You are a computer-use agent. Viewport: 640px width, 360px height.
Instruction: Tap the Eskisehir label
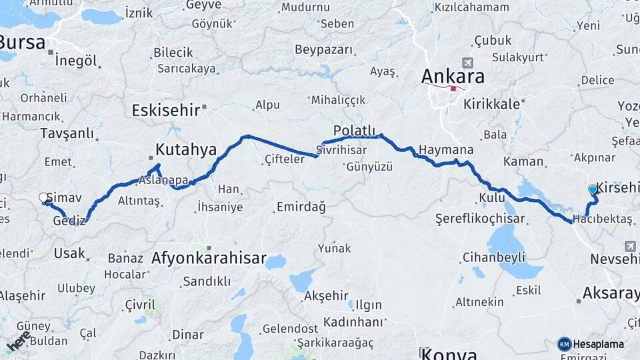pos(165,110)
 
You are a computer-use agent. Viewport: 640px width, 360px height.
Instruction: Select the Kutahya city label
pos(186,149)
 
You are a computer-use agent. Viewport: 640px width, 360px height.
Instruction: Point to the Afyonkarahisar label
pos(209,258)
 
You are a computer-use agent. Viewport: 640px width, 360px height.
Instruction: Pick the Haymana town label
pos(447,150)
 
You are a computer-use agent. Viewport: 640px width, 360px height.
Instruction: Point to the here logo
pos(18,340)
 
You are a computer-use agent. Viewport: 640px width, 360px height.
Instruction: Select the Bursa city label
pos(23,43)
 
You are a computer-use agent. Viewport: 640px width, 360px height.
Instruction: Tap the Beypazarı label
pos(323,50)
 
